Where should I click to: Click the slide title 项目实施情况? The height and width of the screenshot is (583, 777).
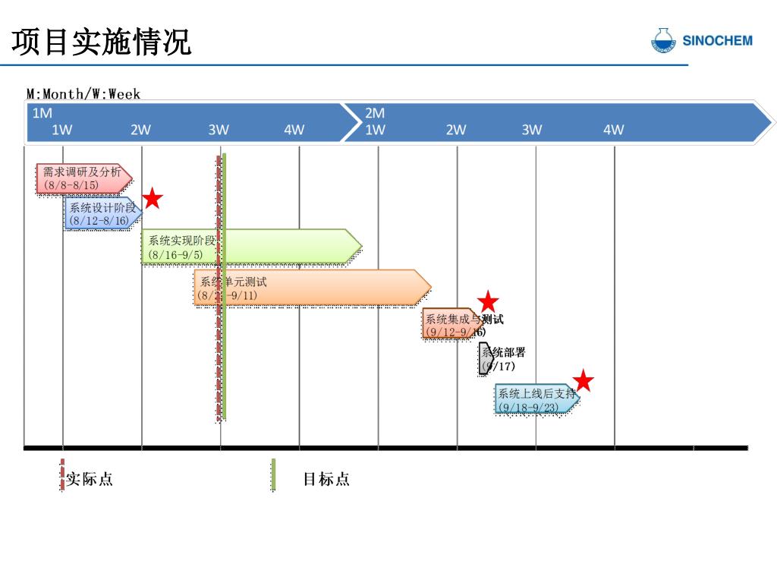[x=102, y=43]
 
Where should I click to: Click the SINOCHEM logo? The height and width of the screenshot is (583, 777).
[x=702, y=41]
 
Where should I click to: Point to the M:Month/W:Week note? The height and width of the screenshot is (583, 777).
[x=83, y=94]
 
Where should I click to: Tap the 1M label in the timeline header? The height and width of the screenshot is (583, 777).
[x=42, y=113]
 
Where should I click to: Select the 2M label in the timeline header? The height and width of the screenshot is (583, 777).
[x=375, y=113]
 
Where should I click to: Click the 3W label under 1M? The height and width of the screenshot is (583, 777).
[x=219, y=130]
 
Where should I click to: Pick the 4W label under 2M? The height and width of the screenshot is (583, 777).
[x=613, y=130]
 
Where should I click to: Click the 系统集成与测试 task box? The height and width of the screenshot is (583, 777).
[x=452, y=324]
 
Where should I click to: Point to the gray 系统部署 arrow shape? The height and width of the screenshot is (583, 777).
[x=486, y=359]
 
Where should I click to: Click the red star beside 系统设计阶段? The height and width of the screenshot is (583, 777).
[x=153, y=198]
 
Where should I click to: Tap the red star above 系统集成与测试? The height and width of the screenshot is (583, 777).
[x=488, y=301]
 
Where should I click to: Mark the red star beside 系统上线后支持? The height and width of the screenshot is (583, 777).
[x=583, y=380]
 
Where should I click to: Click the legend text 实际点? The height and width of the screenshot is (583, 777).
[x=90, y=479]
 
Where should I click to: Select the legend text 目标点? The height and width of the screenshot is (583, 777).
[x=326, y=479]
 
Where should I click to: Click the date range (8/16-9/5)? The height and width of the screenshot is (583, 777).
[x=176, y=255]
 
